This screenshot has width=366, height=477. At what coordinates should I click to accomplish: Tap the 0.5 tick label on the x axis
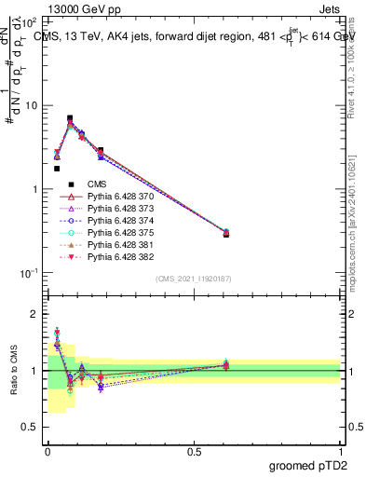tap(194, 451)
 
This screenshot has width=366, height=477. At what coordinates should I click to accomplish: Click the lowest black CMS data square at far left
tap(57, 169)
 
